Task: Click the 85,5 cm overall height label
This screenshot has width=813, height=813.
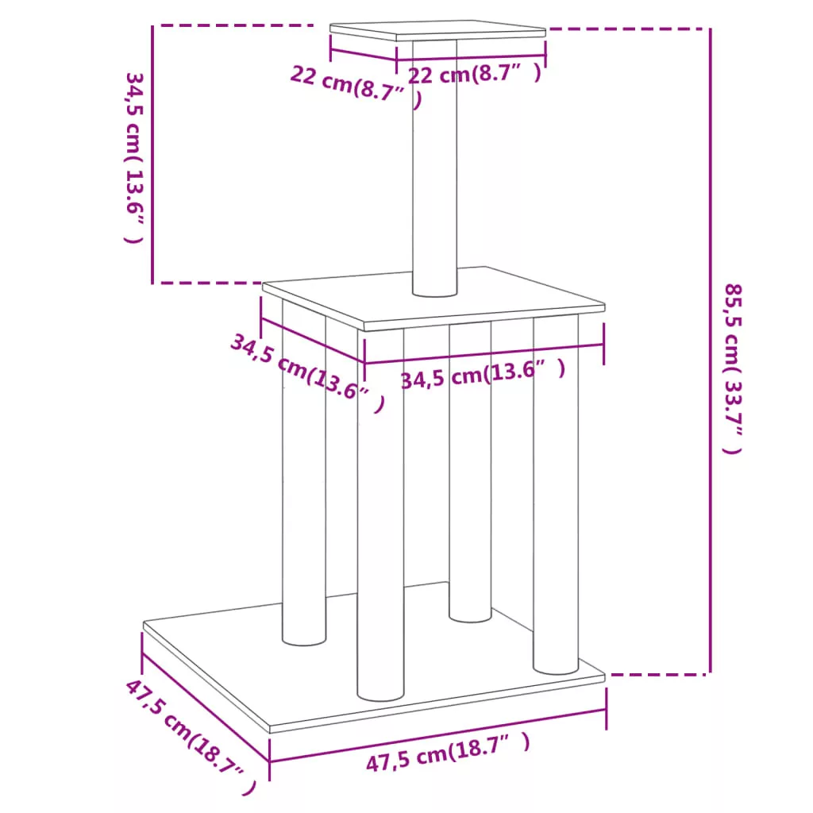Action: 733,368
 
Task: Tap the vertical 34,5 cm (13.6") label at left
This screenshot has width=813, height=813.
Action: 133,158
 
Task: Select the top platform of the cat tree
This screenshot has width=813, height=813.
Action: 437,31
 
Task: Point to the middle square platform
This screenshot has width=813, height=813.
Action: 433,299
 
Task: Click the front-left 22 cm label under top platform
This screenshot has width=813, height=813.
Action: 356,87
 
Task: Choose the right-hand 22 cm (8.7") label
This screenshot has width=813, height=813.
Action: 475,74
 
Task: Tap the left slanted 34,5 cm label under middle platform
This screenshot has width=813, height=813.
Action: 308,372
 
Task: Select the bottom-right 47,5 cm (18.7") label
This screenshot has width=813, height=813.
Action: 448,752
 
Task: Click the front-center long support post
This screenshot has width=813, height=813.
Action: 380,514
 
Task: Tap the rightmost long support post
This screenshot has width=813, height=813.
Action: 556,495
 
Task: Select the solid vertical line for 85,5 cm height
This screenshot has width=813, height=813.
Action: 711,351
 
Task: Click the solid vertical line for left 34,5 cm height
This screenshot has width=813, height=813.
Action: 152,155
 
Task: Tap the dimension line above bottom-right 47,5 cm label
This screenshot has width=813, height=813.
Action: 437,736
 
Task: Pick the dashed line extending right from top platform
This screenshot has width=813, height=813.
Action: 629,29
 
